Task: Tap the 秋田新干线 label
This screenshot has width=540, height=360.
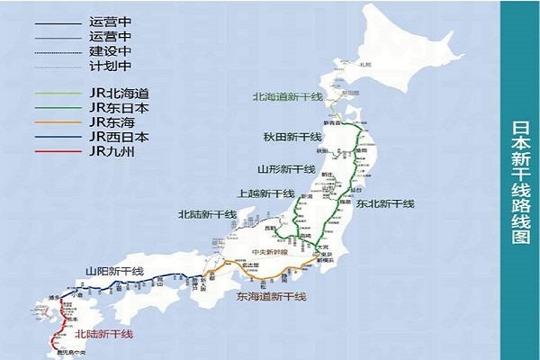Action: click(290, 137)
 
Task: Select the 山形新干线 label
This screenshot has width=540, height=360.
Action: click(286, 169)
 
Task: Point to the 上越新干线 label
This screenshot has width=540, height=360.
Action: click(265, 193)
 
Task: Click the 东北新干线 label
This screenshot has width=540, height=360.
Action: click(384, 204)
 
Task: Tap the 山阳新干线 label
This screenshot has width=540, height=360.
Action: click(114, 271)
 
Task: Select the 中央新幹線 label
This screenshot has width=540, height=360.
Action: click(269, 251)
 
